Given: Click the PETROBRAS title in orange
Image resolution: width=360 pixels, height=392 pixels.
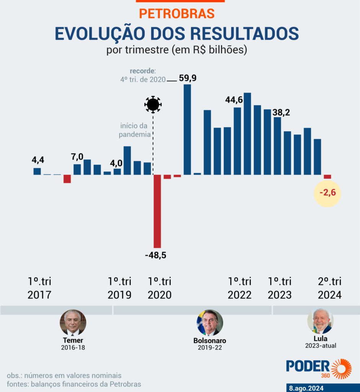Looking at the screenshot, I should [x=177, y=13].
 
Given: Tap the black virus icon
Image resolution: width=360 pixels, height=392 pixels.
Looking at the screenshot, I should [x=153, y=104].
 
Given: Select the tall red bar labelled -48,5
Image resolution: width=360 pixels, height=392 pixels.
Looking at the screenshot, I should [x=157, y=211].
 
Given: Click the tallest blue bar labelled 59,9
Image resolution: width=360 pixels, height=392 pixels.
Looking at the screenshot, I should [x=187, y=129].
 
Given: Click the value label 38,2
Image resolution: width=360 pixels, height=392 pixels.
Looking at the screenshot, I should [x=281, y=113].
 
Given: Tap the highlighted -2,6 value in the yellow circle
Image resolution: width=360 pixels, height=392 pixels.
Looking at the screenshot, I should [x=327, y=193].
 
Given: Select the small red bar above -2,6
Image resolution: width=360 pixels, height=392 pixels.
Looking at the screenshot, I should [x=327, y=176].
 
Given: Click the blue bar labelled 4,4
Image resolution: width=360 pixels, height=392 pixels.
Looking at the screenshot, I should [x=37, y=171].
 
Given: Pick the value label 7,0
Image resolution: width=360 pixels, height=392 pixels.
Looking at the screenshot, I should [x=77, y=157].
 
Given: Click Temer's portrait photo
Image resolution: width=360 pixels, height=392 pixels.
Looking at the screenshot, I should [x=73, y=323].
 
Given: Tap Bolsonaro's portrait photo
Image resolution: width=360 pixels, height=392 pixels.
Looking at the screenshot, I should [x=210, y=323].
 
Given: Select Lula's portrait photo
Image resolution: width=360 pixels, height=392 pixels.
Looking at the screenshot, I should [x=321, y=321].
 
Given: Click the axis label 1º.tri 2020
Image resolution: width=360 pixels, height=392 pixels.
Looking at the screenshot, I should [x=160, y=288].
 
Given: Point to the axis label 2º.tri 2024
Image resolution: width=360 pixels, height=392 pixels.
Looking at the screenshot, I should [x=329, y=288].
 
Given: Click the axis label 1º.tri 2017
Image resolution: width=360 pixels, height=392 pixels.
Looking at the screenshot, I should [x=39, y=288].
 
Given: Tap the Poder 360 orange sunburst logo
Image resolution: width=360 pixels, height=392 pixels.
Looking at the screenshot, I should [x=341, y=369].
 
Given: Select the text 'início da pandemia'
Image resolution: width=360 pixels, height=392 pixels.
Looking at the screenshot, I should [x=134, y=130].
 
